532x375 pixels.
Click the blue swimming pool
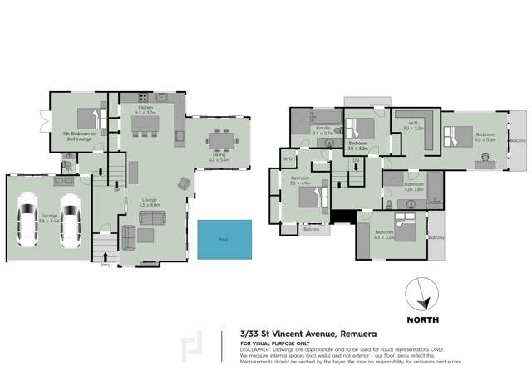[x=224, y=238]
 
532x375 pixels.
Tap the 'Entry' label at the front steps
[x=105, y=265]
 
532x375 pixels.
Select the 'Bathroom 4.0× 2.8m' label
[x=413, y=187]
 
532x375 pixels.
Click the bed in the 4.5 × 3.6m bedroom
[x=456, y=134]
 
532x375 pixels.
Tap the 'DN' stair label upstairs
[x=356, y=159]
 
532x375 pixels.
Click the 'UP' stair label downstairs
[x=116, y=189]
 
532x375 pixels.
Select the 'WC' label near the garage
[x=71, y=168]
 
